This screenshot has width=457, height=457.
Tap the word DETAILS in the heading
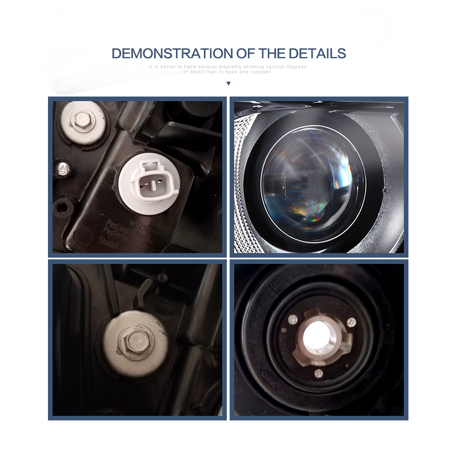tap(316, 54)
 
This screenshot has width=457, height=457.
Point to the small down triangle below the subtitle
tap(228, 83)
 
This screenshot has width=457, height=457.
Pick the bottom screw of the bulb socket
tap(319, 374)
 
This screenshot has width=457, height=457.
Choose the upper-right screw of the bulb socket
tap(351, 322)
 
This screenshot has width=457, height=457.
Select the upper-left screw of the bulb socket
tap(293, 318)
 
